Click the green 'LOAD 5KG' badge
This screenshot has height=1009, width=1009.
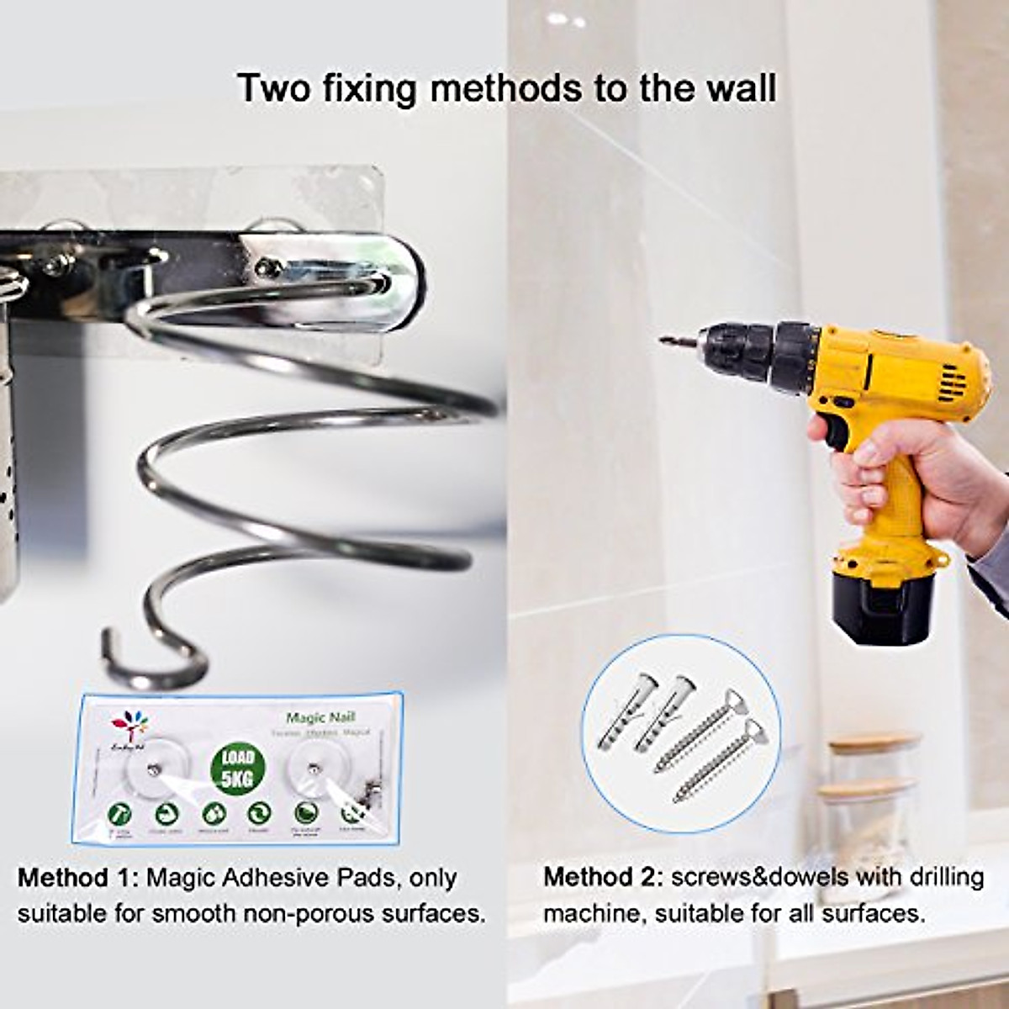click(x=238, y=768)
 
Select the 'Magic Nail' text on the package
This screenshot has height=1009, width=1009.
click(x=320, y=718)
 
